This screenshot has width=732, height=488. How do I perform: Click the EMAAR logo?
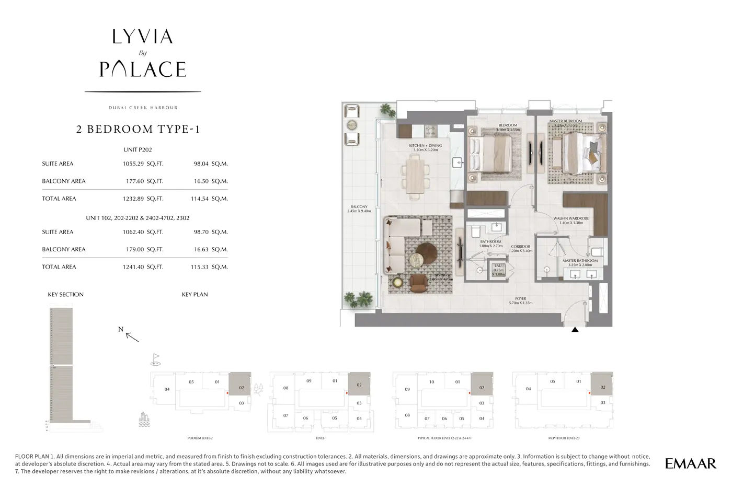point(690,463)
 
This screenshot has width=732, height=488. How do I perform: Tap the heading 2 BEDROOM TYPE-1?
point(138,130)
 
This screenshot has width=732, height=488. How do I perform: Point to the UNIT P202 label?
point(138,149)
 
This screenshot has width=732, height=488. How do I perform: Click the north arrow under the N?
point(133,338)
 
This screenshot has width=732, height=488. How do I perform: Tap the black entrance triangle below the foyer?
point(575,330)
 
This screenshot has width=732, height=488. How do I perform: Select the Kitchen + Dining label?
point(425,146)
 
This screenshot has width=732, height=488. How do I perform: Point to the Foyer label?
point(520,299)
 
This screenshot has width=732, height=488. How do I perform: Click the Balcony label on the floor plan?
point(359,207)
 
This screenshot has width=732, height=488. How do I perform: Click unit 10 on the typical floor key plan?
point(431,382)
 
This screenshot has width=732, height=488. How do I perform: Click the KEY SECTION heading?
point(65,295)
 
